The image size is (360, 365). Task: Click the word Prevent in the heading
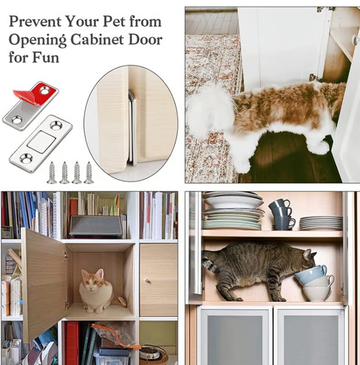pyautogui.click(x=35, y=21)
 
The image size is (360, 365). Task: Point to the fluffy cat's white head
pyautogui.click(x=209, y=108)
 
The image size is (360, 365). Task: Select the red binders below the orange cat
pyautogui.click(x=73, y=342)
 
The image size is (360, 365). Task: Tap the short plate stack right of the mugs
pyautogui.click(x=321, y=223)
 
